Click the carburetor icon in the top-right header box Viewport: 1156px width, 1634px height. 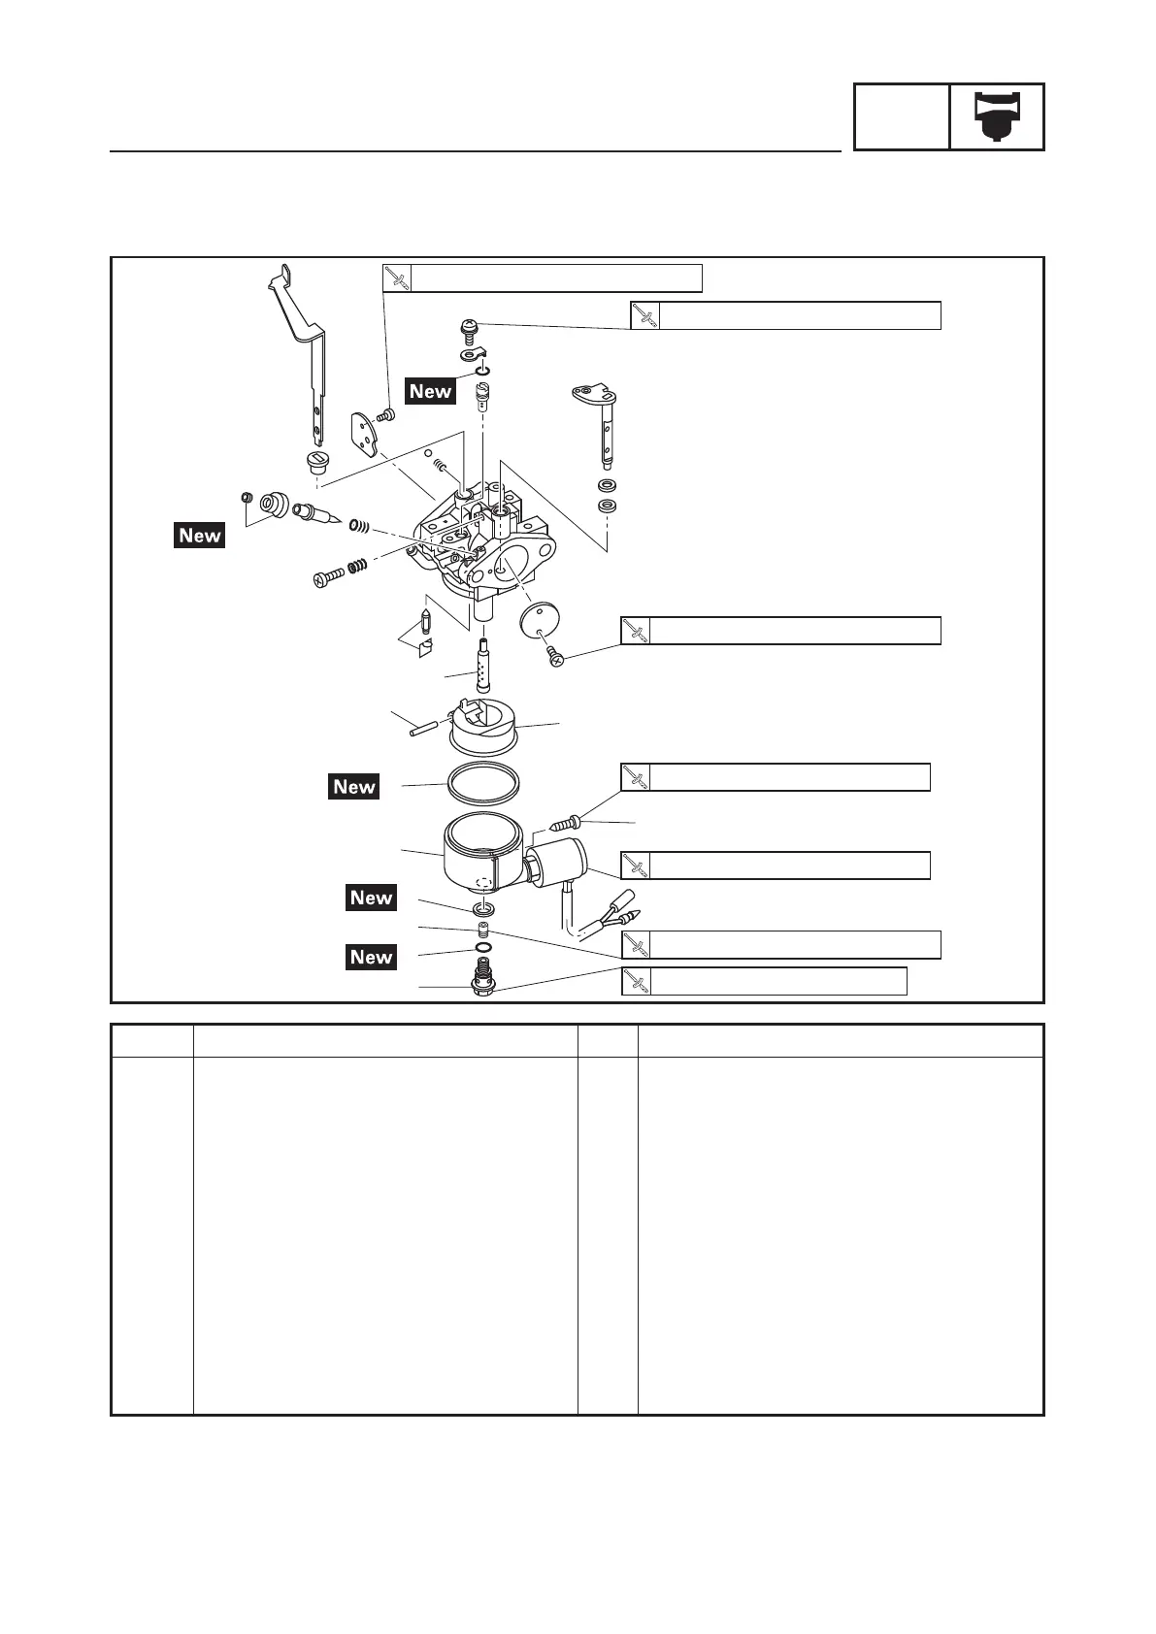(x=997, y=116)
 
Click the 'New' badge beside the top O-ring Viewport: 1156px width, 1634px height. (x=431, y=391)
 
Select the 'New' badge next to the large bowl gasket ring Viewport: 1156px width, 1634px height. (x=354, y=787)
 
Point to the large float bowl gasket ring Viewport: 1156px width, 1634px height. (x=482, y=783)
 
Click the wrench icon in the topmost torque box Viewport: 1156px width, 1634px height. (x=396, y=278)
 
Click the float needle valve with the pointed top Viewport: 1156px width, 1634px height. (x=426, y=620)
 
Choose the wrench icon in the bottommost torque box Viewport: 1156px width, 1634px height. (x=636, y=982)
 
